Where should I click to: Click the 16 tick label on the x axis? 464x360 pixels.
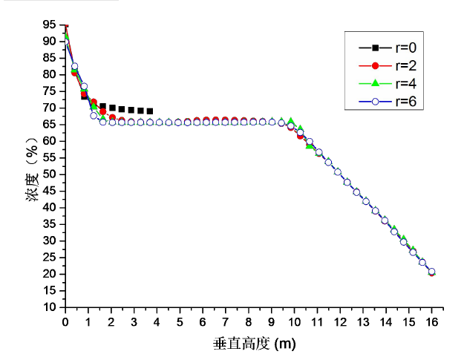click(431, 321)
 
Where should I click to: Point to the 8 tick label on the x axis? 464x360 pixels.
click(249, 321)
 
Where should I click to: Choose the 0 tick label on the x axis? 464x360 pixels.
click(65, 321)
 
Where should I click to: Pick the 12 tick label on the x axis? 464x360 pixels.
click(340, 321)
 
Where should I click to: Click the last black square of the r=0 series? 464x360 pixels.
click(150, 111)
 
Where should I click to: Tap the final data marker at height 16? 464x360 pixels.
click(431, 272)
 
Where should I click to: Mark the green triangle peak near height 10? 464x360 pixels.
click(291, 121)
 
